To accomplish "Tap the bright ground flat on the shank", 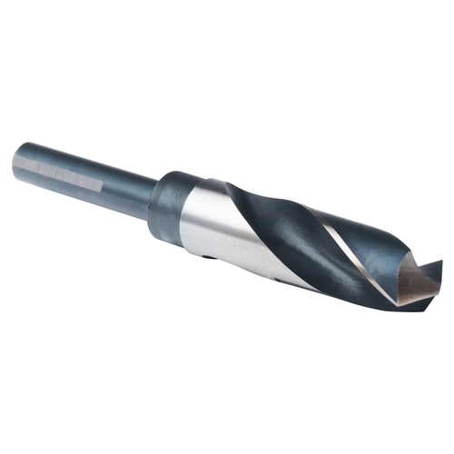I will [x=59, y=173].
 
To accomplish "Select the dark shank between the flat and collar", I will [x=127, y=188].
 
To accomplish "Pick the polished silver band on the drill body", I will [x=213, y=227].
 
